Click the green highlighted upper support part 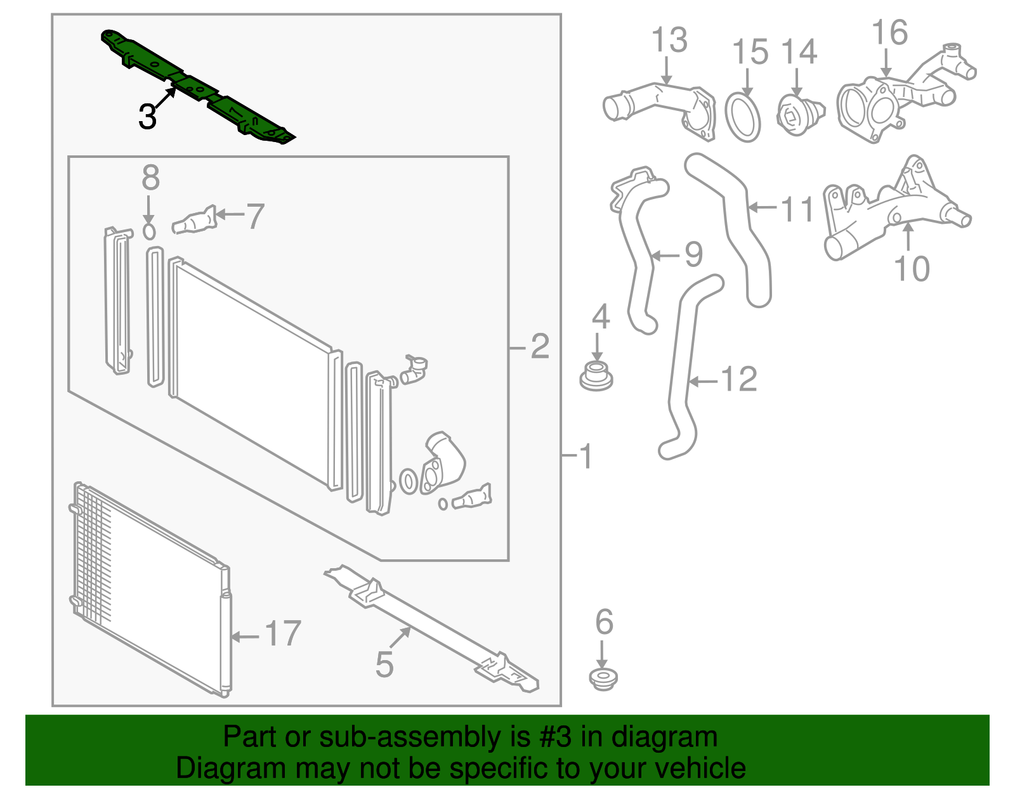[197, 86]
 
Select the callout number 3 [147, 117]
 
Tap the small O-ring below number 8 [149, 231]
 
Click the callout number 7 [255, 216]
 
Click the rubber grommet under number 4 [596, 375]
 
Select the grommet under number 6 [603, 679]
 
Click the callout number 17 [282, 633]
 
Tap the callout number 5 [384, 665]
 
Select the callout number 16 [889, 33]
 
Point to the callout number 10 [912, 269]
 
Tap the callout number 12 [739, 379]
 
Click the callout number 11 [797, 209]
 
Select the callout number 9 [693, 254]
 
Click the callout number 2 [539, 346]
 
